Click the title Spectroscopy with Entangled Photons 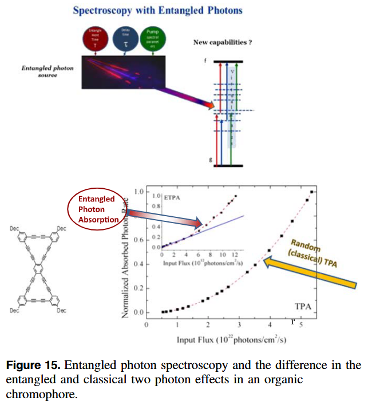pos(157,10)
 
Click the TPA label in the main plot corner pos(303,307)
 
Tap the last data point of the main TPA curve pos(312,192)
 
